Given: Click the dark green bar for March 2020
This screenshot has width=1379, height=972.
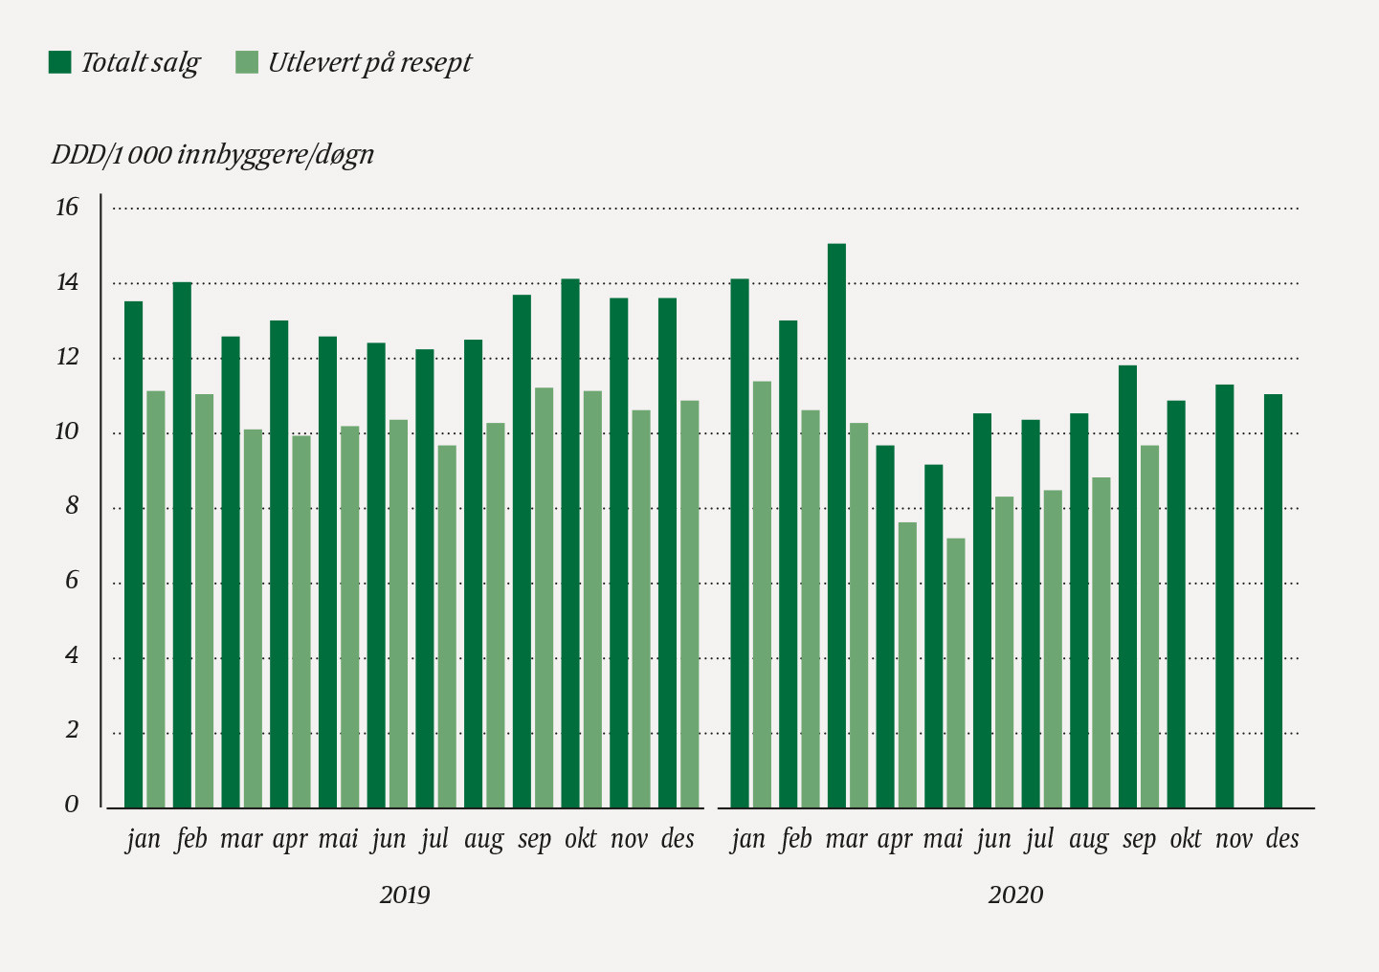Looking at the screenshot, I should (x=836, y=526).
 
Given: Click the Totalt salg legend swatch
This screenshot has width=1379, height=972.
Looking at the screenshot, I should (x=60, y=63).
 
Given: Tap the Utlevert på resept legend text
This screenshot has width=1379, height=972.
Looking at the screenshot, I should (x=369, y=63).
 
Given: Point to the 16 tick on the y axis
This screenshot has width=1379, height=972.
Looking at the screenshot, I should (x=67, y=208).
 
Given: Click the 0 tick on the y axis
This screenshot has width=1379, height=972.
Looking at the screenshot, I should (x=72, y=805).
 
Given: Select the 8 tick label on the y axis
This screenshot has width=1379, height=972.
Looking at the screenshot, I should (x=72, y=507).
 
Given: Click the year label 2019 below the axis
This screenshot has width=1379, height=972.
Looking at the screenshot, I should (x=405, y=895).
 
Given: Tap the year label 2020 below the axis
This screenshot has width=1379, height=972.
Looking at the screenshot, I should (x=1015, y=895).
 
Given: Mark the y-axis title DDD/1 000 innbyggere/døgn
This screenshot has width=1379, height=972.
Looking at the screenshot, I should (x=212, y=155).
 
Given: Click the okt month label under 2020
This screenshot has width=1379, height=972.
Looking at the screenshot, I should (x=1186, y=839).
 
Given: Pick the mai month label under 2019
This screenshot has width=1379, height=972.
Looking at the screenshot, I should (x=338, y=839).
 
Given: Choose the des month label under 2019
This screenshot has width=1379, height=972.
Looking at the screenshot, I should (x=678, y=839).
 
